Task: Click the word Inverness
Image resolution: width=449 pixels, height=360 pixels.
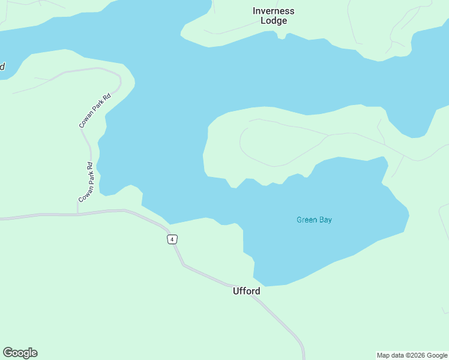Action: coord(274,11)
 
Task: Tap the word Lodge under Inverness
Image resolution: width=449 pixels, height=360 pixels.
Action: coord(274,21)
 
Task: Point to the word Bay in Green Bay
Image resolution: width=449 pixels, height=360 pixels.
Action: coord(325,220)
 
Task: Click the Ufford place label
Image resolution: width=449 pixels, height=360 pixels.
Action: coord(246,291)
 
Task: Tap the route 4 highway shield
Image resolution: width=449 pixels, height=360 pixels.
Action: coord(172,239)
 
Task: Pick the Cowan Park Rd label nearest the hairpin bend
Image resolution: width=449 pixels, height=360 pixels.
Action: coord(95,110)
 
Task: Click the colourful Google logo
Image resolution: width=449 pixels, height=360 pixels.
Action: coord(20,353)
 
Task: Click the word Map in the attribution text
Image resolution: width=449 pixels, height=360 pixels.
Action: coord(384,355)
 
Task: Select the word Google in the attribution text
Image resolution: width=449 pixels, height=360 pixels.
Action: coord(436,355)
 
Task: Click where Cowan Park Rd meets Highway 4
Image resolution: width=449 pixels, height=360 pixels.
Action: coord(77,213)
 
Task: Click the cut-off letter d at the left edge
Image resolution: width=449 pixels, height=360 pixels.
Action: coord(2,66)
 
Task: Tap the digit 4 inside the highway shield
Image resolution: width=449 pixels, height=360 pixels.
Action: coord(172,239)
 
